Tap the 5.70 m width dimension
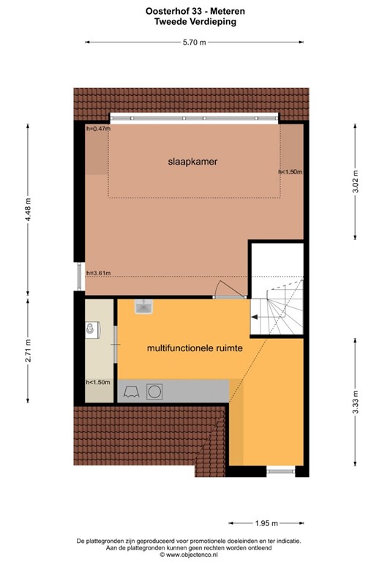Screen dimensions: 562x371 194,42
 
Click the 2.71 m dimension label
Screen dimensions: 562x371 29,350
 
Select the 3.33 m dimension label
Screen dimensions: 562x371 356,405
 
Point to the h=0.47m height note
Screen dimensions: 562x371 97,129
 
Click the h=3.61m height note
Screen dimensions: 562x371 97,274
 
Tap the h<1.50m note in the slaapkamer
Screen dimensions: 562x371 291,172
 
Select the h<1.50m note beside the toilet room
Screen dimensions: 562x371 97,382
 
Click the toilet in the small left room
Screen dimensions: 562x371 91,331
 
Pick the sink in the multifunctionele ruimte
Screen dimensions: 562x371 143,307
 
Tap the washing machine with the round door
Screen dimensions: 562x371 155,392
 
